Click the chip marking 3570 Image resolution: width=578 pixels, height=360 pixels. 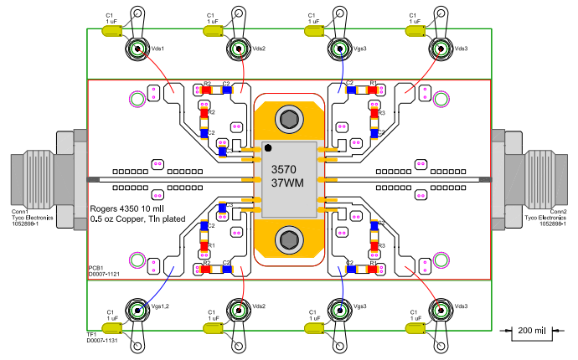pyautogui.click(x=285, y=169)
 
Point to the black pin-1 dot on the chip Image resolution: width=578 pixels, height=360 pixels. pyautogui.click(x=268, y=150)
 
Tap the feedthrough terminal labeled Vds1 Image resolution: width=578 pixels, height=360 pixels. pyautogui.click(x=137, y=49)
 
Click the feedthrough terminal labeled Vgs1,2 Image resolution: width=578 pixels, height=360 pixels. pyautogui.click(x=137, y=310)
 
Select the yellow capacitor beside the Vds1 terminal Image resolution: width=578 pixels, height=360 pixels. pyautogui.click(x=112, y=30)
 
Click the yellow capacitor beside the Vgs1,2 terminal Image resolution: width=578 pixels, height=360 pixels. pyautogui.click(x=112, y=328)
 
